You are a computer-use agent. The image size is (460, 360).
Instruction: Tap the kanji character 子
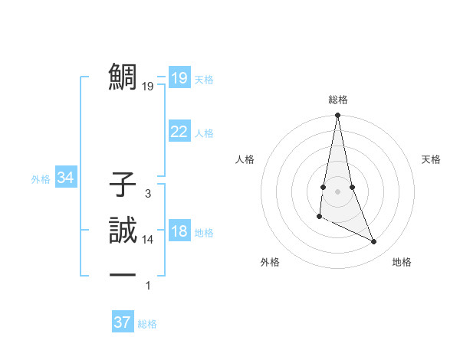pyautogui.click(x=123, y=185)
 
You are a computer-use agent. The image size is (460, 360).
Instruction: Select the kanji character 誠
pyautogui.click(x=123, y=229)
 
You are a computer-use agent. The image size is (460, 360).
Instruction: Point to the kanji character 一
pyautogui.click(x=123, y=274)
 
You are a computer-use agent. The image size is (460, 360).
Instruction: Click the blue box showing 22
pyautogui.click(x=179, y=132)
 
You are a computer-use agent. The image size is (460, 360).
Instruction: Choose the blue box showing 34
pyautogui.click(x=66, y=178)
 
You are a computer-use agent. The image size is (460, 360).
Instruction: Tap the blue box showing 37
pyautogui.click(x=123, y=322)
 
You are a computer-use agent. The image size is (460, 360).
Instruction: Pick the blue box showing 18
pyautogui.click(x=179, y=232)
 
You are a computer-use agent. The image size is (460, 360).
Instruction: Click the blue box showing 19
pyautogui.click(x=179, y=77)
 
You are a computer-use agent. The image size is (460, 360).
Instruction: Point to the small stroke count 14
pyautogui.click(x=148, y=240)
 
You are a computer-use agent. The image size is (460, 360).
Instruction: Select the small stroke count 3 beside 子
pyautogui.click(x=148, y=195)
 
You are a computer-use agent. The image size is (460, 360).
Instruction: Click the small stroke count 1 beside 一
pyautogui.click(x=148, y=286)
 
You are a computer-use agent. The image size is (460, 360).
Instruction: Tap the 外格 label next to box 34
pyautogui.click(x=41, y=179)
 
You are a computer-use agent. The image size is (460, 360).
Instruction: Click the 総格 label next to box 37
pyautogui.click(x=147, y=324)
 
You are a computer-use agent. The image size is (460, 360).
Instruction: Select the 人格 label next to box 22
pyautogui.click(x=204, y=133)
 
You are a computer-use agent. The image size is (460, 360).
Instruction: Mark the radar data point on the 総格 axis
pyautogui.click(x=337, y=116)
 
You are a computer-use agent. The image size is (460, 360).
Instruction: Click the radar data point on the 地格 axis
pyautogui.click(x=374, y=242)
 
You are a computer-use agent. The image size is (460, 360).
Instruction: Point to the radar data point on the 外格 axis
pyautogui.click(x=319, y=218)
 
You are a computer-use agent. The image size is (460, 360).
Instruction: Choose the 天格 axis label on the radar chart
pyautogui.click(x=432, y=159)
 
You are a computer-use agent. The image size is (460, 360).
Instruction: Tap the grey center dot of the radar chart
pyautogui.click(x=337, y=191)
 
